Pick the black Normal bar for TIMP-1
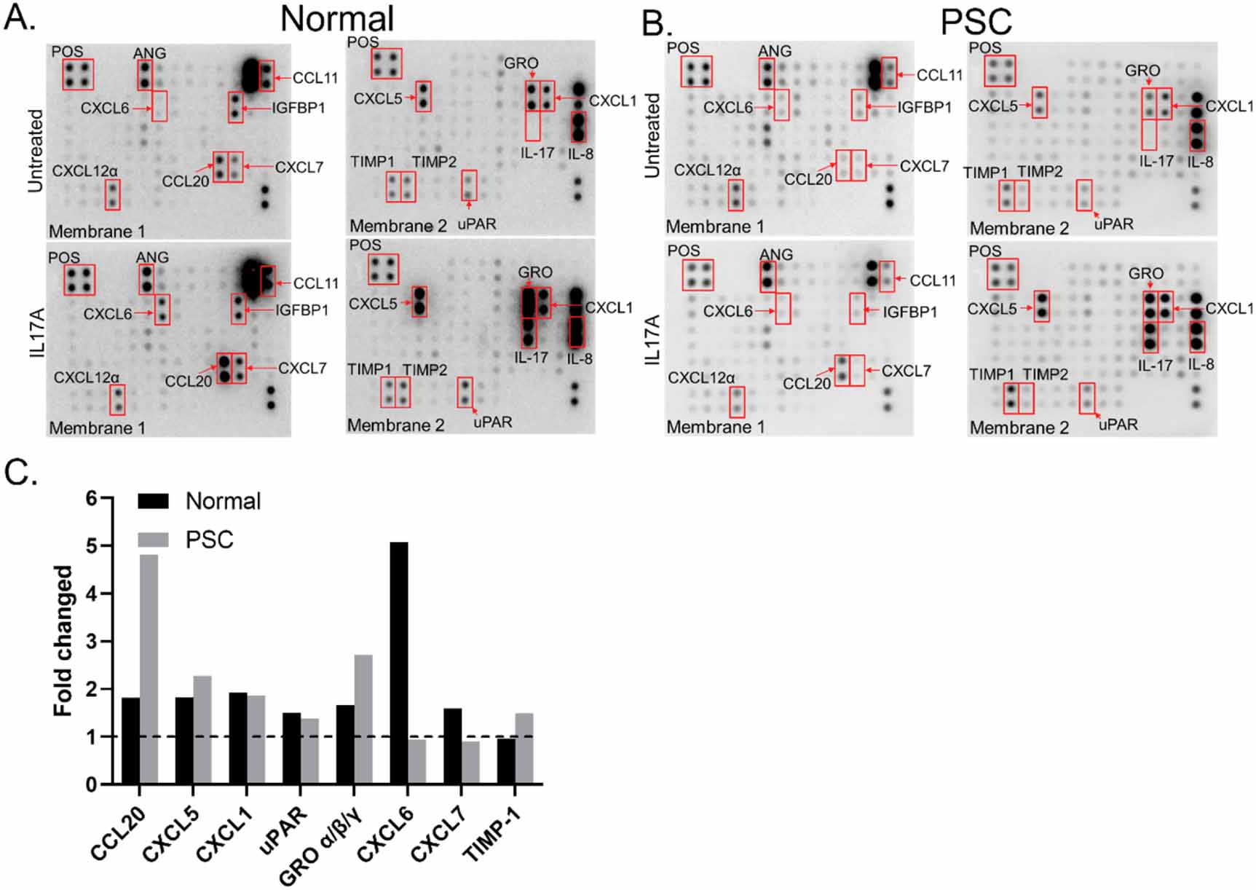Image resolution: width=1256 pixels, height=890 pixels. pos(506,761)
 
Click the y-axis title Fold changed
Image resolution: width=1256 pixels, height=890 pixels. pos(64,641)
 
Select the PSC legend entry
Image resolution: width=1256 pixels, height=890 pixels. pos(209,540)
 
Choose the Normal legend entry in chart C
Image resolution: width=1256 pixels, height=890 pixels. pos(222,501)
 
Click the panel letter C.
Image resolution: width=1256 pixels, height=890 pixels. pos(20,473)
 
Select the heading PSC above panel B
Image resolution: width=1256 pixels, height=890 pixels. pos(975,22)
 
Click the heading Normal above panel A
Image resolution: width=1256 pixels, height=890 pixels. pos(337,19)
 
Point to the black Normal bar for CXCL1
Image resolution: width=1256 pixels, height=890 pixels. pos(238,738)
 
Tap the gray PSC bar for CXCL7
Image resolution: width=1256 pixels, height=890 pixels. pos(470,762)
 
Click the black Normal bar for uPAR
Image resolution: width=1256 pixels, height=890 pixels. pos(292,748)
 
